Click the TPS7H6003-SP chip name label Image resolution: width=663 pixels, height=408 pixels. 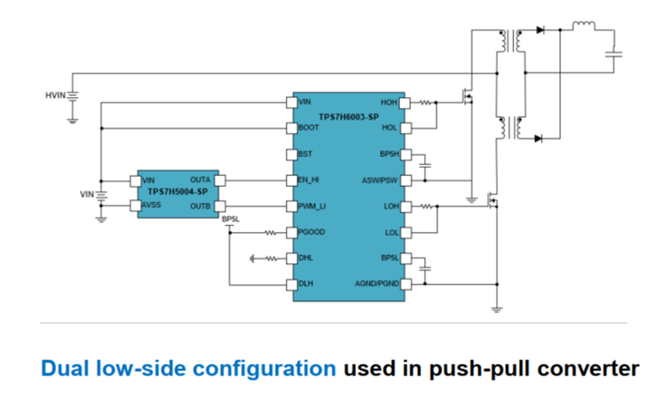348,117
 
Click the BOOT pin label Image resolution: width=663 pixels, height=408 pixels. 309,127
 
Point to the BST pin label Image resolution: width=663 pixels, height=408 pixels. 306,154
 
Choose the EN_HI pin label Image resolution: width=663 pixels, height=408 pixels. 309,180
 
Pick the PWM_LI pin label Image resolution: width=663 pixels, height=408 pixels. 311,206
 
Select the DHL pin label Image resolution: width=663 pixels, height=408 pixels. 306,258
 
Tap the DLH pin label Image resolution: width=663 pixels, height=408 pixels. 306,284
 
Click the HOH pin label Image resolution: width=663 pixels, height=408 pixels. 390,102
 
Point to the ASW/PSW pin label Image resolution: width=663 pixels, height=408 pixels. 380,180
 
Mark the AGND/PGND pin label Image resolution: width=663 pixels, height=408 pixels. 377,284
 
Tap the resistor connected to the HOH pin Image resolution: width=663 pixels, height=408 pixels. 426,102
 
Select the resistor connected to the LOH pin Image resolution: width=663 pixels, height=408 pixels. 426,206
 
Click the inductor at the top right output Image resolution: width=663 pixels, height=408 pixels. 584,25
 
